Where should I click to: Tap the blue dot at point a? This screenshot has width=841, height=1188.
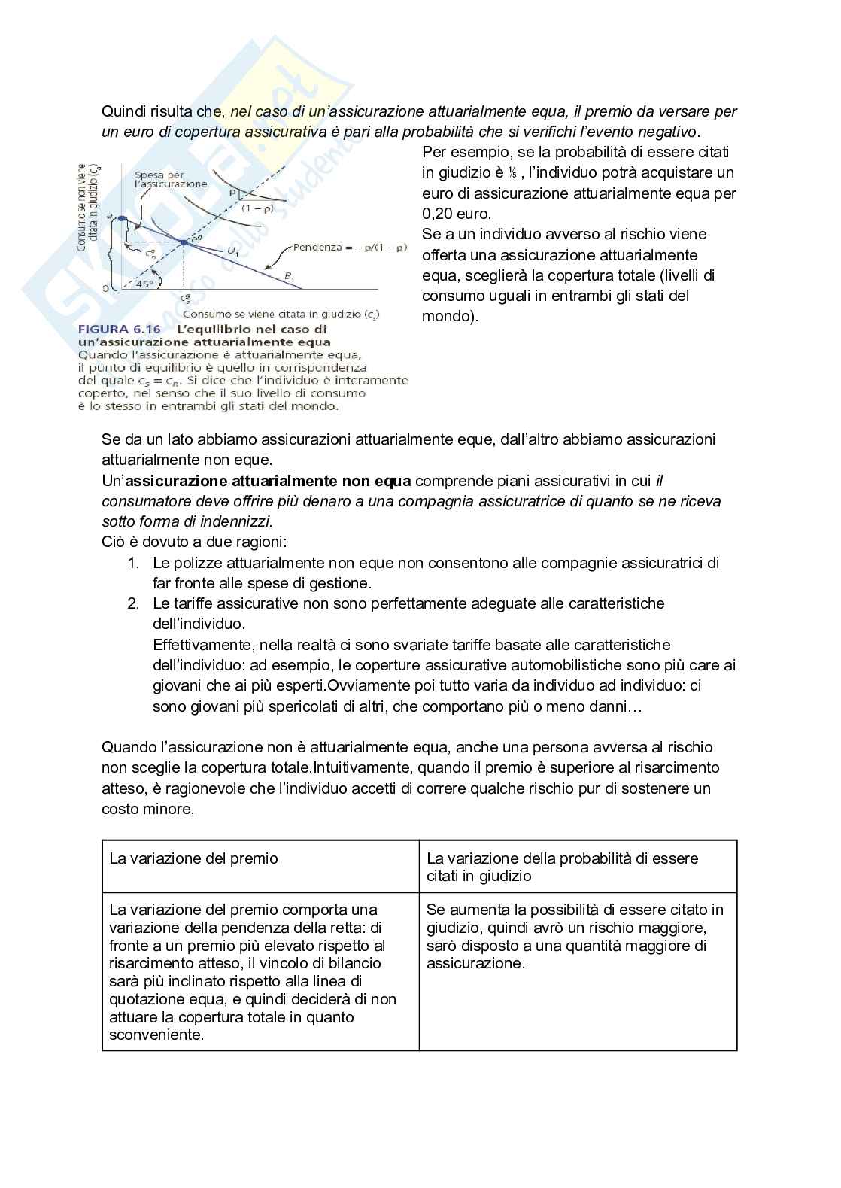(122, 218)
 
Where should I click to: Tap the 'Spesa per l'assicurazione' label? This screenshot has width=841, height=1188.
(171, 179)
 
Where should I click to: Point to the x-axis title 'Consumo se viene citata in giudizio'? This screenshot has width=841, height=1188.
(281, 314)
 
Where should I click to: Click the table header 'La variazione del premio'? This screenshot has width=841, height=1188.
(194, 858)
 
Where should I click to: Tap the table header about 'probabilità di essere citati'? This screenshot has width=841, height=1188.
(562, 867)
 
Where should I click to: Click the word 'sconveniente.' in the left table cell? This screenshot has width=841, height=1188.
(156, 1035)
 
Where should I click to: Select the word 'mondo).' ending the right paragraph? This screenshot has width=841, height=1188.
(450, 316)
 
